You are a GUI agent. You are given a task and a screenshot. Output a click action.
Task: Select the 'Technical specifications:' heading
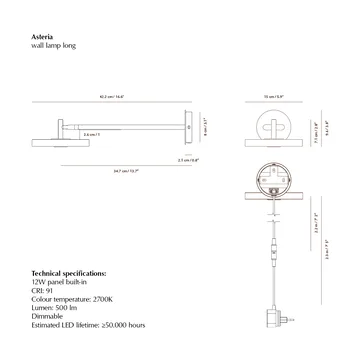coord(69,272)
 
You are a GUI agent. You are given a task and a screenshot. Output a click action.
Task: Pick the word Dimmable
coord(49,316)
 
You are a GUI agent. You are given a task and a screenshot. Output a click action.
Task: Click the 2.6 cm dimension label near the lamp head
coord(90,134)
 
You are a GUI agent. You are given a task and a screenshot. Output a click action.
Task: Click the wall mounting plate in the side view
coord(188,127)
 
